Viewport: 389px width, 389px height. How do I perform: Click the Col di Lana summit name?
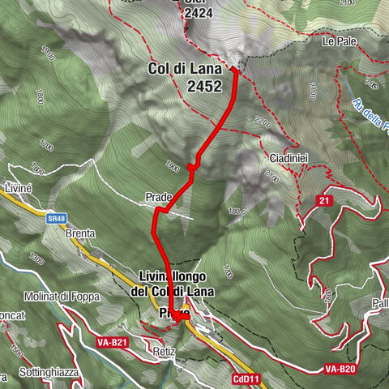186,69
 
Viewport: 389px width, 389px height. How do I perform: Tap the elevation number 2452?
203,85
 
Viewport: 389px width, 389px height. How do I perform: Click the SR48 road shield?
56,218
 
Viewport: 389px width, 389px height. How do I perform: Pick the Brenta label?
81,233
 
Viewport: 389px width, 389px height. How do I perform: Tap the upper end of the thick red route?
234,71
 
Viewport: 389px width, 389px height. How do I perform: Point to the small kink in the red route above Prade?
191,167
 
